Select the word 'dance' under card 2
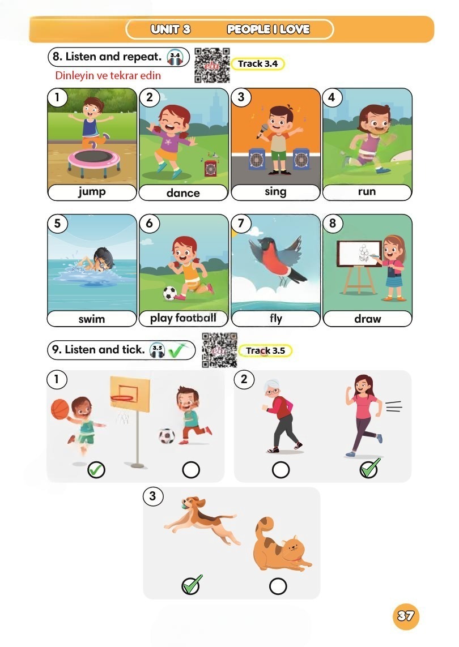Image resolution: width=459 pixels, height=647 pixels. pos(183,193)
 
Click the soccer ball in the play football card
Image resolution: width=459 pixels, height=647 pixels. pos(169,293)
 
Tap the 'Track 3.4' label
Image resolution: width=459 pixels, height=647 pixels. pos(258,63)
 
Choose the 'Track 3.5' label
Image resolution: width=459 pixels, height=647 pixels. pos(265,351)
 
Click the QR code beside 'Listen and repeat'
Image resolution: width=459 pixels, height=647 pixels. pos(212,65)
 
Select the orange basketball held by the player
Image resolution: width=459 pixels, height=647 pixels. pos(60,409)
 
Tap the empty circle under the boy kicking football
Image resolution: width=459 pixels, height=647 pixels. pos(191,470)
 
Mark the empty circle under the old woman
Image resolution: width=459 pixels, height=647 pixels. pos(281,470)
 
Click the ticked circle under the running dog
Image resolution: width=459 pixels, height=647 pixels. pos(191,585)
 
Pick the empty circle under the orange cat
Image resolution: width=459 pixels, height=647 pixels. pos(278,586)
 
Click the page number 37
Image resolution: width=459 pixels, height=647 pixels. pos(406,616)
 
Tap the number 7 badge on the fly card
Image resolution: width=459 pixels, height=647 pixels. pos(241,223)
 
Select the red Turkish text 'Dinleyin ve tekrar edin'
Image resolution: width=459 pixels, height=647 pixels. pos(108,75)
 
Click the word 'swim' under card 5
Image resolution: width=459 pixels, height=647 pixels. pos(92,319)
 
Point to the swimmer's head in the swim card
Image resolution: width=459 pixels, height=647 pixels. pos(103,258)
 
